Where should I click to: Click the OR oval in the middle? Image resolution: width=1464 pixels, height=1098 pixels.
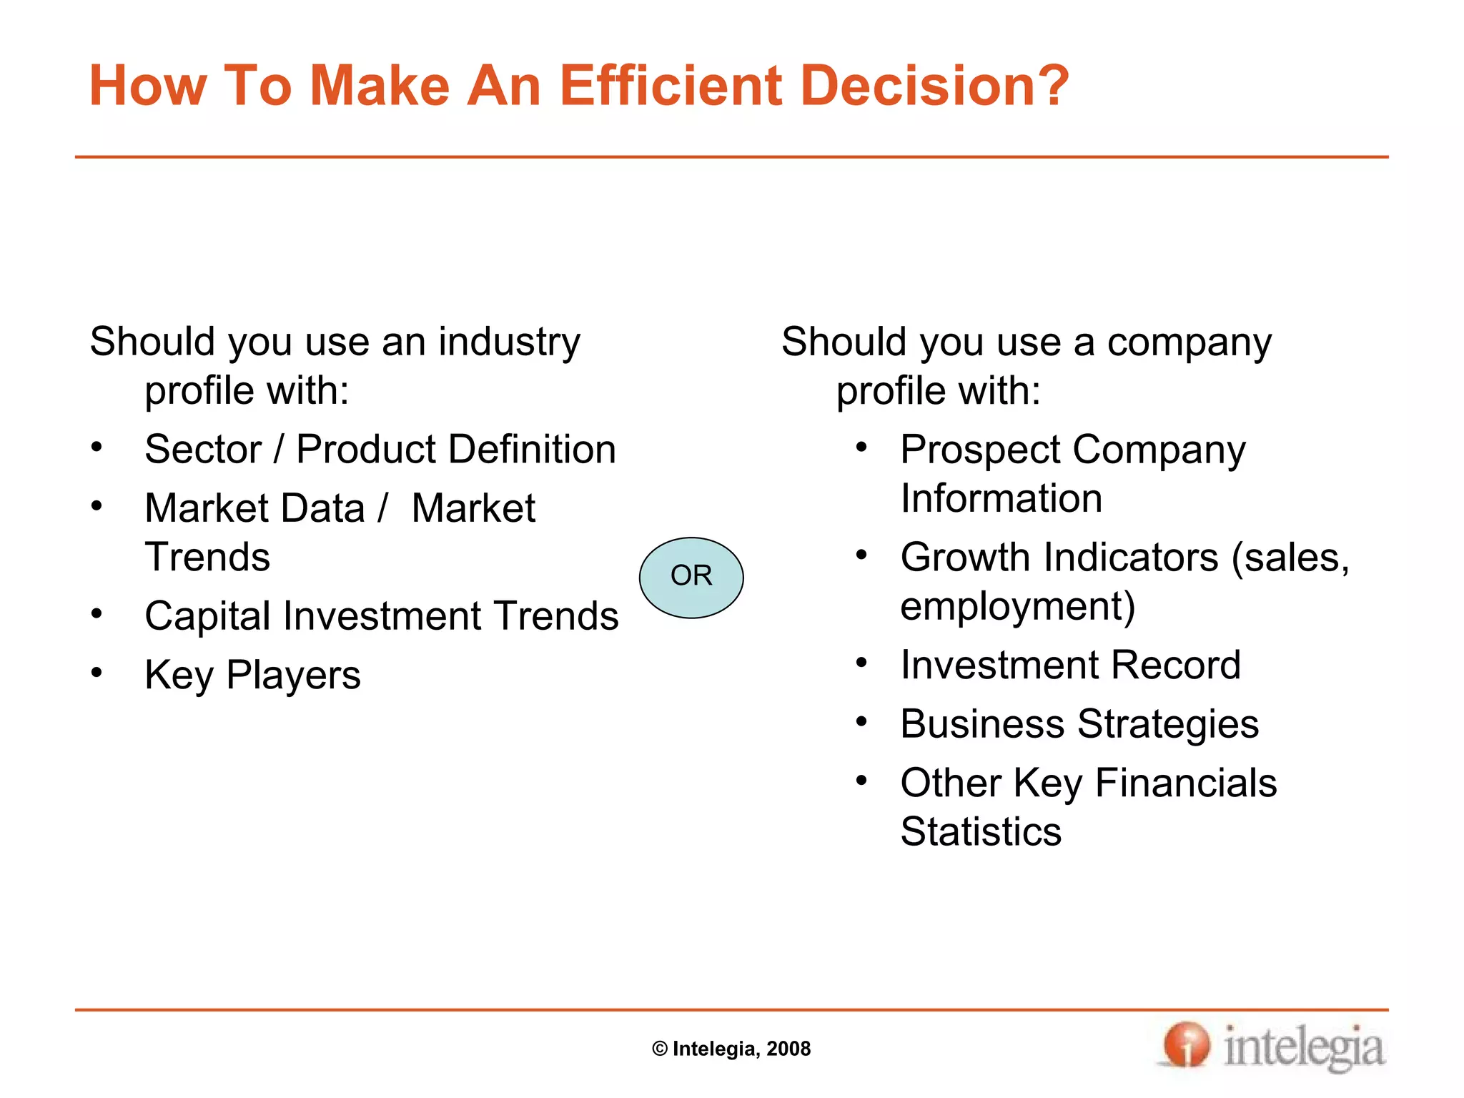[691, 577]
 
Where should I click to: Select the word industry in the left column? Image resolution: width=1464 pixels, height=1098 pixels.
[509, 342]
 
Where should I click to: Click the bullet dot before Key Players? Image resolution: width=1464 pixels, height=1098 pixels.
[97, 673]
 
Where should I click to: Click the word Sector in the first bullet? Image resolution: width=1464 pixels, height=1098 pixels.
[203, 450]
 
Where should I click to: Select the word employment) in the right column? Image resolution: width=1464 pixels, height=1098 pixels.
[1017, 607]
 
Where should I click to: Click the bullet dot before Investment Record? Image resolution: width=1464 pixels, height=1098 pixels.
[861, 663]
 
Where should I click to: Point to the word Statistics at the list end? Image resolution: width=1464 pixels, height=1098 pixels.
[981, 832]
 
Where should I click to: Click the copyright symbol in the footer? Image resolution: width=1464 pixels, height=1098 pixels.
[660, 1049]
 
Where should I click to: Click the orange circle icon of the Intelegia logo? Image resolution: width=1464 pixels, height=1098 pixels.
[1185, 1045]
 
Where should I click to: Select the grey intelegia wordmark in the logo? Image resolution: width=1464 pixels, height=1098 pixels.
[1304, 1048]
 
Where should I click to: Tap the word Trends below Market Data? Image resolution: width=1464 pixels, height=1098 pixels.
[207, 558]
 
